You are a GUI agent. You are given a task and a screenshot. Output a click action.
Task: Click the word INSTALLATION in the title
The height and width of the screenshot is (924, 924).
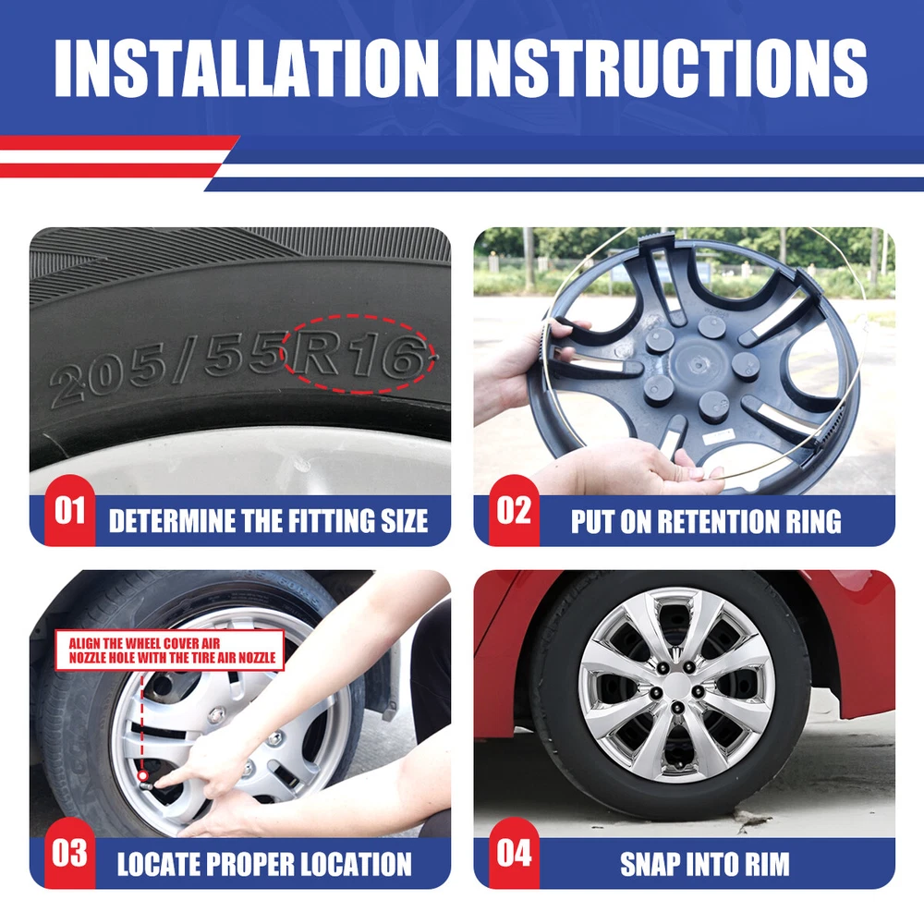(x=247, y=67)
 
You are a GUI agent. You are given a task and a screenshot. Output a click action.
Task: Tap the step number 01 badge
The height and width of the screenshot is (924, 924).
(x=70, y=510)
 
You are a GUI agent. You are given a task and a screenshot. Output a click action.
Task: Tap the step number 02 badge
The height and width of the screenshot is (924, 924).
(x=514, y=510)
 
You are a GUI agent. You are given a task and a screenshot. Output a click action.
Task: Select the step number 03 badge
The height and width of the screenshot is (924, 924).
(x=69, y=853)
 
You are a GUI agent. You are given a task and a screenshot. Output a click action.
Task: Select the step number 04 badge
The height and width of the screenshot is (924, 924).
(x=514, y=853)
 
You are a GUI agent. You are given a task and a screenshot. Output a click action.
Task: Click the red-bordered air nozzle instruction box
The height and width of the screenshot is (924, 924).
(x=170, y=650)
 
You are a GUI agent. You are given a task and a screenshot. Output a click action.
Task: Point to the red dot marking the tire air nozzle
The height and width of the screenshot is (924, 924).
(x=142, y=775)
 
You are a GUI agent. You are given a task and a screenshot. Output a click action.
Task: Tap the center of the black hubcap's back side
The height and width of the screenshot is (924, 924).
(x=699, y=365)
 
